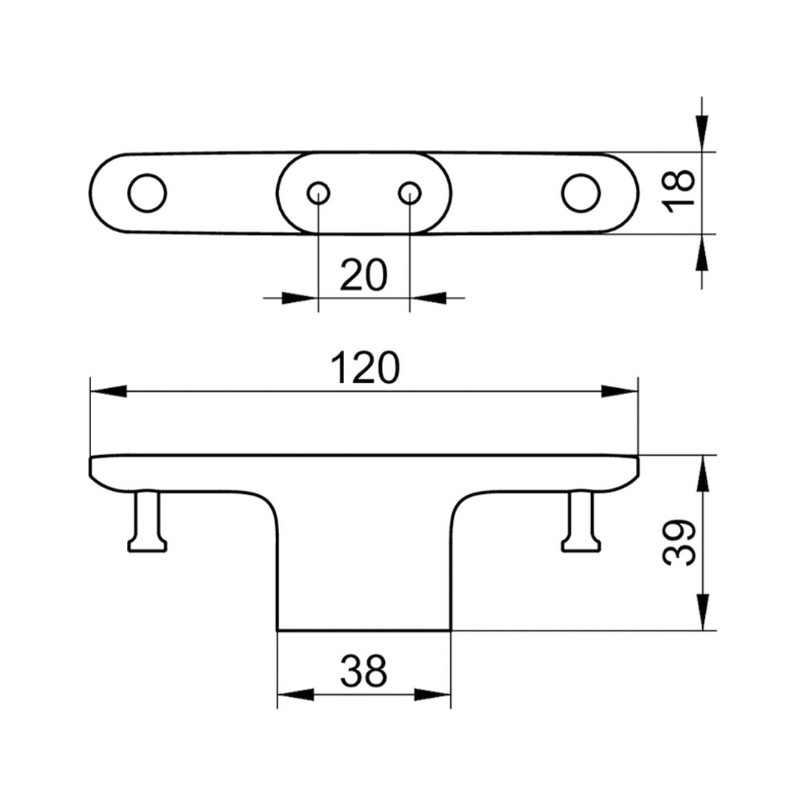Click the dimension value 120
pos(365,368)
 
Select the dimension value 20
pos(364,276)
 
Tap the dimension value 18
pos(680,193)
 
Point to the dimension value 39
pos(680,543)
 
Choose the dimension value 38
pos(364,671)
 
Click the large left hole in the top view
pos(147,193)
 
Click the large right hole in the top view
pos(581,193)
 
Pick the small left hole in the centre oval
pos(319,193)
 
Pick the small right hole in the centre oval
pos(409,193)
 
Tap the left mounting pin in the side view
pos(147,522)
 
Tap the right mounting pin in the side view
pos(581,522)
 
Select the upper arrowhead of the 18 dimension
pos(702,134)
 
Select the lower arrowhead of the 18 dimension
pos(702,252)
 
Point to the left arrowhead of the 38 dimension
pos(296,695)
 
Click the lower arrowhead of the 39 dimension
pos(702,612)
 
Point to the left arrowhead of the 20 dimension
pos(300,298)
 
